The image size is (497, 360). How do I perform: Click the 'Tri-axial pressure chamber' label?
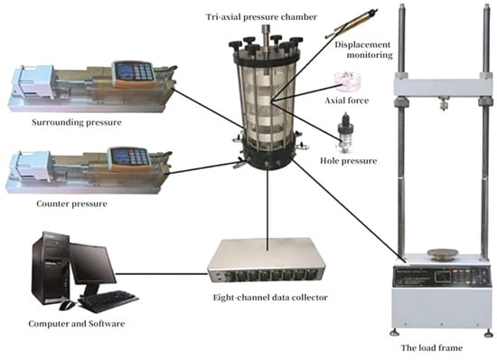click(x=261, y=17)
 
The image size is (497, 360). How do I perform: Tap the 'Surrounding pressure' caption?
click(x=77, y=122)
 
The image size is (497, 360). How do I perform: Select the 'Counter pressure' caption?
click(x=71, y=204)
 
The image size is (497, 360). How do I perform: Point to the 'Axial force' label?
click(x=347, y=100)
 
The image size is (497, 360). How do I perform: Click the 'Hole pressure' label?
click(x=348, y=161)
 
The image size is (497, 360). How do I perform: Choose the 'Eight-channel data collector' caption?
click(x=270, y=298)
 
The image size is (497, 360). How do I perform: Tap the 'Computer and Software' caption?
click(x=77, y=324)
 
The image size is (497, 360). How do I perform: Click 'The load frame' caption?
click(x=432, y=348)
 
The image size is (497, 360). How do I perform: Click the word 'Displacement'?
click(x=362, y=44)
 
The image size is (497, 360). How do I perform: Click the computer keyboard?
click(x=108, y=300)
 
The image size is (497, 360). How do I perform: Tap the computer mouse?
click(x=67, y=306)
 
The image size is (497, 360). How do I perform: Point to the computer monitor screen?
click(x=92, y=264)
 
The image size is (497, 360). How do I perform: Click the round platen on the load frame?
click(x=443, y=253)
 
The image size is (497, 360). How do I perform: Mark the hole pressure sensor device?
click(x=345, y=133)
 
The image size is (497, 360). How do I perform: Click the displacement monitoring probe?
click(x=352, y=24)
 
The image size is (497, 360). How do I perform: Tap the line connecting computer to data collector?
click(x=162, y=273)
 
